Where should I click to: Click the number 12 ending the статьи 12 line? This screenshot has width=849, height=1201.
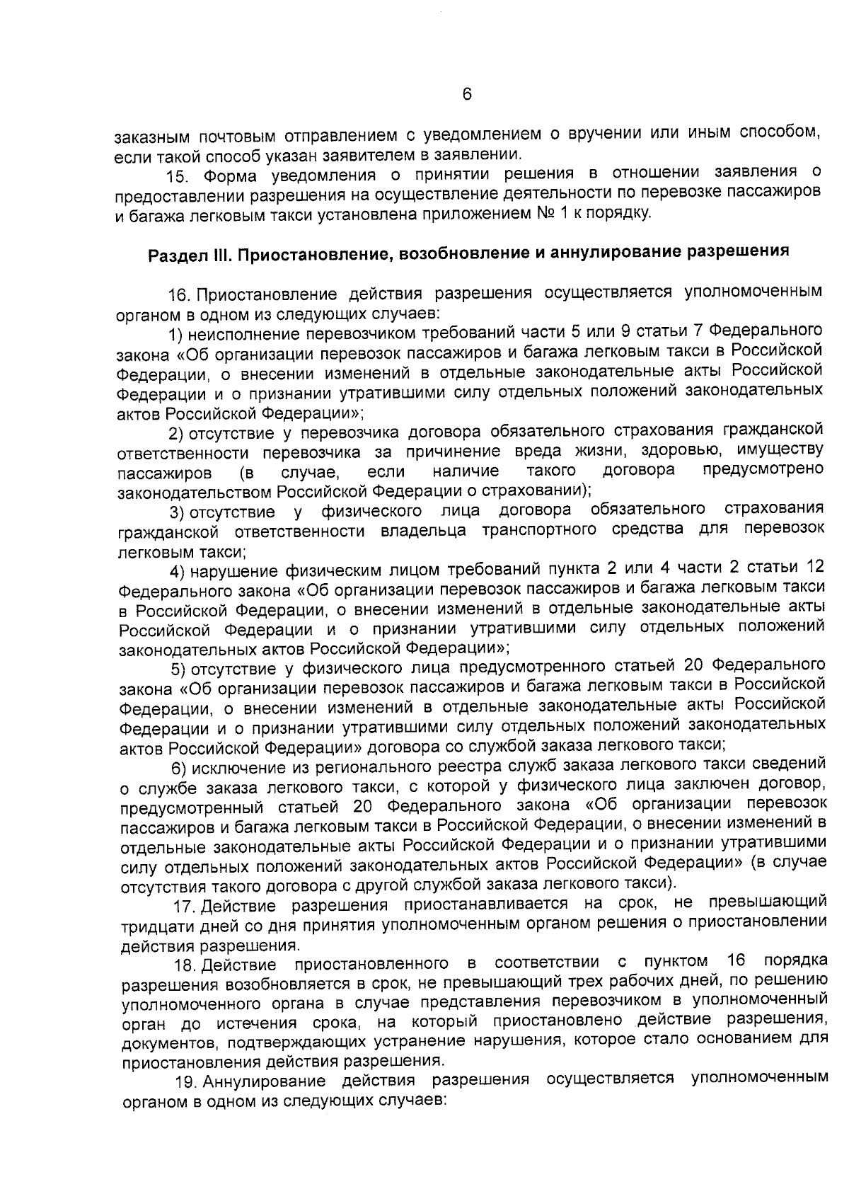pyautogui.click(x=815, y=568)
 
